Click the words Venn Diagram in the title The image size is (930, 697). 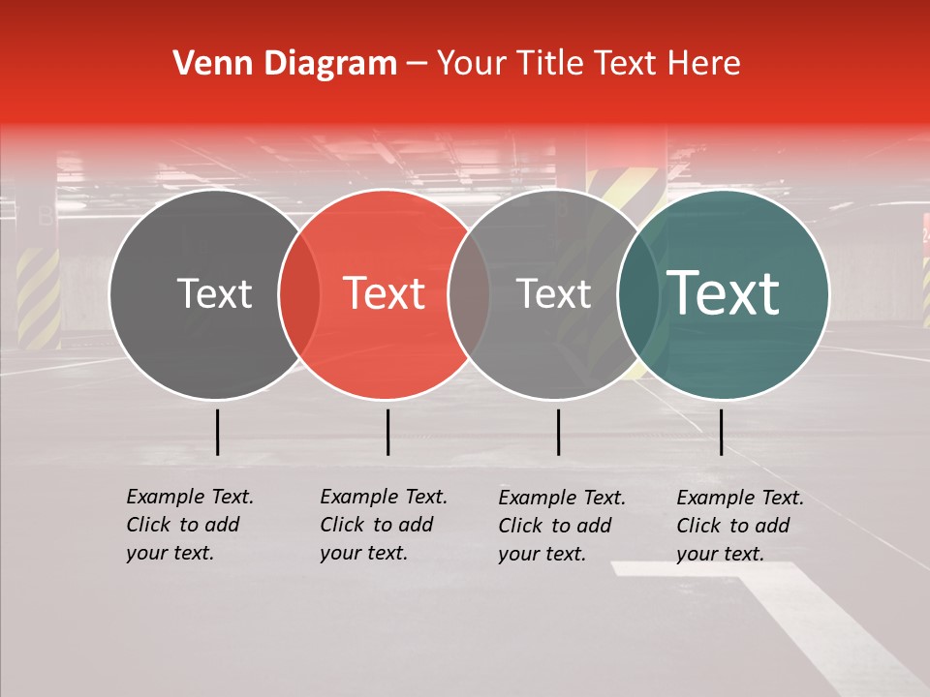(x=285, y=64)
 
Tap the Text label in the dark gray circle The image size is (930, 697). (x=214, y=294)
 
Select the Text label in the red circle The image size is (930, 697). (x=384, y=294)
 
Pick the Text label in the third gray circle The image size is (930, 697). (x=553, y=294)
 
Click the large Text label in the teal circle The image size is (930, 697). (x=724, y=293)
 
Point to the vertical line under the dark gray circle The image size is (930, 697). (x=218, y=432)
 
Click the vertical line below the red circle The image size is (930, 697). (x=387, y=432)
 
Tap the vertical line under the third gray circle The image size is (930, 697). (x=558, y=432)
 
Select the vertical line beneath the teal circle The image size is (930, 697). (x=721, y=432)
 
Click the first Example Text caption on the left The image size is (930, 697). (x=190, y=525)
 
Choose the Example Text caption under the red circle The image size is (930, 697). (x=384, y=525)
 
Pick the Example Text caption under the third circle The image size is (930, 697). (x=562, y=526)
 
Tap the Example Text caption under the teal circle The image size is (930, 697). (x=740, y=526)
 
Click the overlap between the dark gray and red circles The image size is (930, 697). (x=299, y=294)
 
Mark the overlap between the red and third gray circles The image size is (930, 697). (x=469, y=294)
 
